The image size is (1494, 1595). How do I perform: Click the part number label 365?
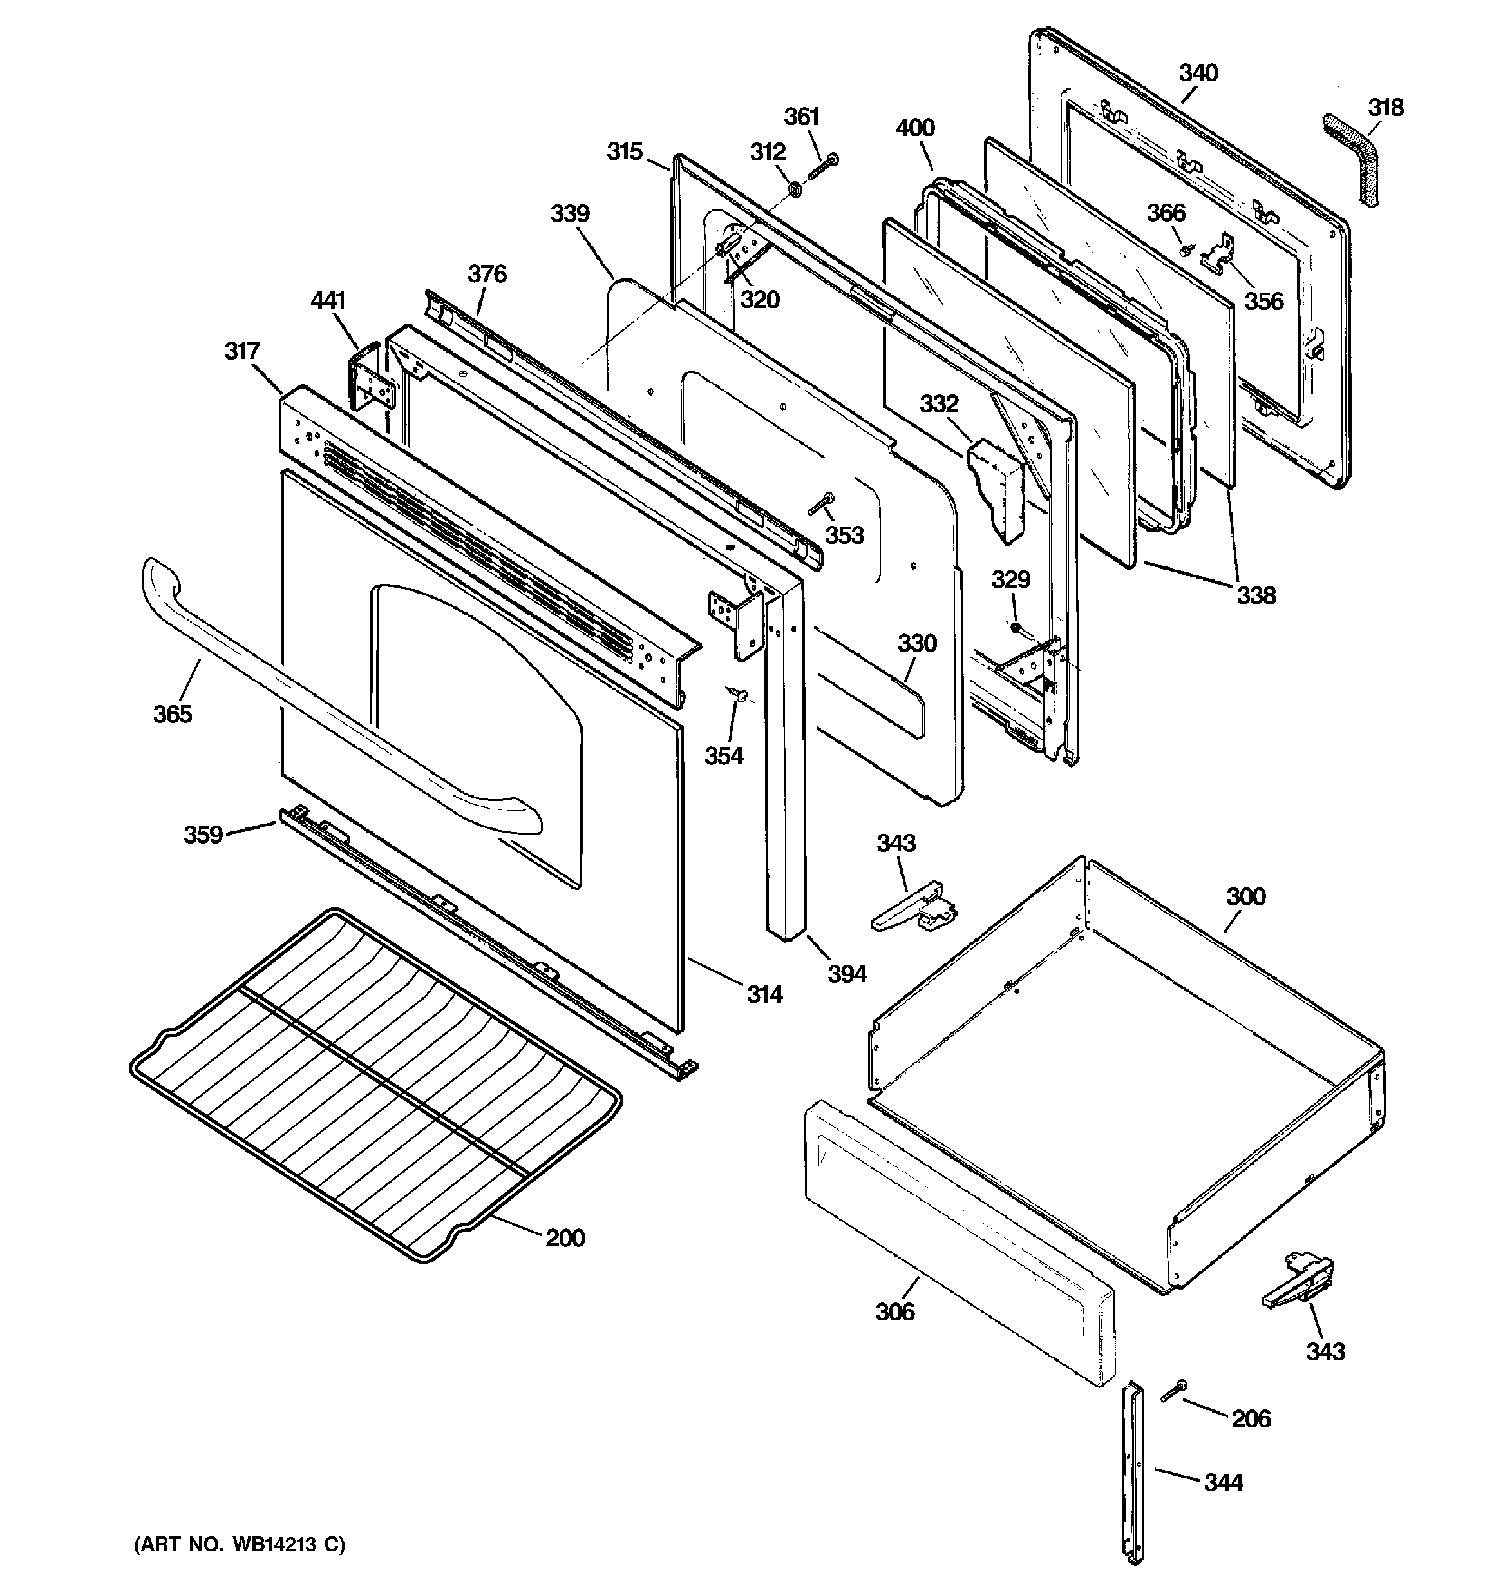[173, 713]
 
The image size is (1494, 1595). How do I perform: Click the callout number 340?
[1198, 73]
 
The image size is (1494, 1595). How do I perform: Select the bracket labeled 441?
[370, 377]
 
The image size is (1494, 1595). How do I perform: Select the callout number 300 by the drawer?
[1245, 896]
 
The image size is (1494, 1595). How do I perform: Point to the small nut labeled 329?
[1014, 628]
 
